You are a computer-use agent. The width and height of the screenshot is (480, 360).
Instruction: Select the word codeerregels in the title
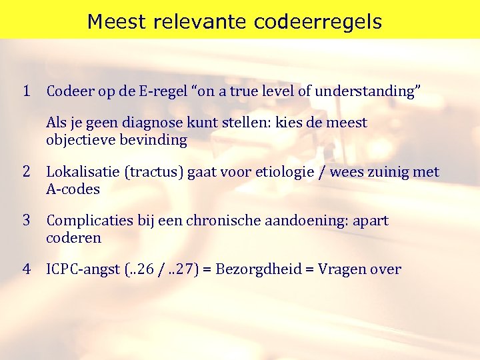(x=319, y=22)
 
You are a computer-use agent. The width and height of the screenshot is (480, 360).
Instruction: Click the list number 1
(x=27, y=91)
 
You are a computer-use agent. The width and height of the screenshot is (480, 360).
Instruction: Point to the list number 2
(x=27, y=172)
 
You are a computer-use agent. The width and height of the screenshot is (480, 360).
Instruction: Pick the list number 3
(x=27, y=220)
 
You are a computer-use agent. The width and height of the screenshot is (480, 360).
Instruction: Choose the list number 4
(x=27, y=269)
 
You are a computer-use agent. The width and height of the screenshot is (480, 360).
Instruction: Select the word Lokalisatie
(x=83, y=173)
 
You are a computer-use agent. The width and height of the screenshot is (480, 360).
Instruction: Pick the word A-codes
(x=73, y=189)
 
